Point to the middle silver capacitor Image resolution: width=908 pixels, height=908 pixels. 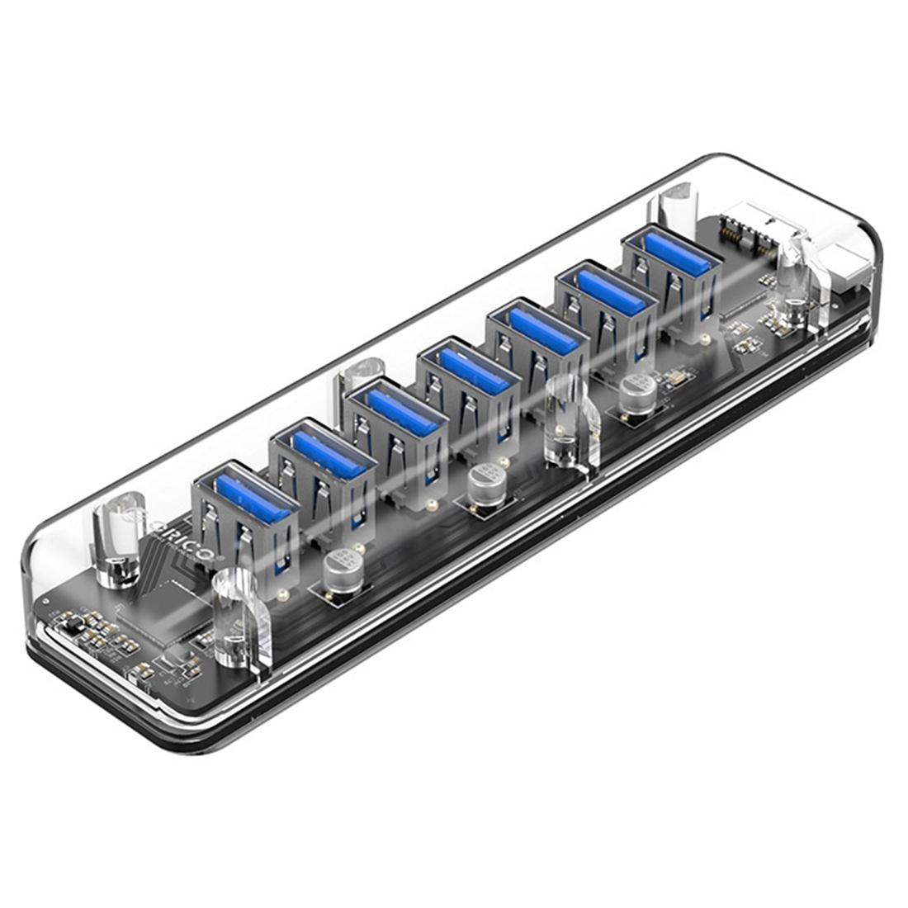484,487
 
